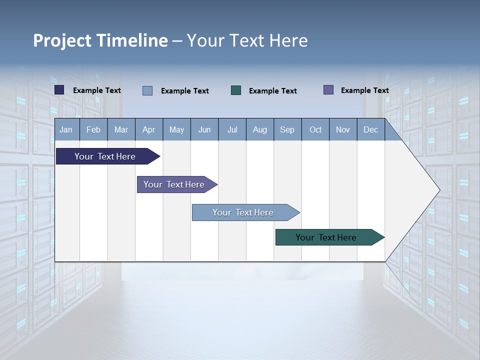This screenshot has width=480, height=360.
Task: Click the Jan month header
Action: [x=66, y=130]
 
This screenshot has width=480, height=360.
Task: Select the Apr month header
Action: [x=149, y=130]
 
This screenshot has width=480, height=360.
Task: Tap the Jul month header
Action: [x=232, y=130]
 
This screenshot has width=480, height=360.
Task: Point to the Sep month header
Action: [x=287, y=130]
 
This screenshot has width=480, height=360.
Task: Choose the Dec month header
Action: [x=370, y=130]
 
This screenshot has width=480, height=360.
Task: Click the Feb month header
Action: [x=93, y=130]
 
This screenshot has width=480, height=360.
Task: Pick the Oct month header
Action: [x=315, y=130]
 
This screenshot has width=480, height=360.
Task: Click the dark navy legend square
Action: [x=59, y=90]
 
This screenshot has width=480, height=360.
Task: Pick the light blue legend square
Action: [x=147, y=90]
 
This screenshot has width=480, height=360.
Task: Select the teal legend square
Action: [x=236, y=90]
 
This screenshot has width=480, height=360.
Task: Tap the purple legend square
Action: [x=328, y=90]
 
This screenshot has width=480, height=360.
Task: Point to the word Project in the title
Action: [x=62, y=40]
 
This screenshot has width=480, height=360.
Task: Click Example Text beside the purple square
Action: [x=364, y=90]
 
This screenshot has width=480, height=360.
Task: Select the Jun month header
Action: [x=204, y=130]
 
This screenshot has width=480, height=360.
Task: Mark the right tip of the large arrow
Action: [x=439, y=190]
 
